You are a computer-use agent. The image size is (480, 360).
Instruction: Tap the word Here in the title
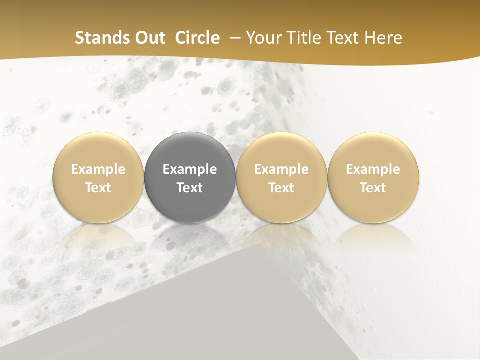click(x=383, y=38)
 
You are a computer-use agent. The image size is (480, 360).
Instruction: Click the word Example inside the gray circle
click(x=190, y=169)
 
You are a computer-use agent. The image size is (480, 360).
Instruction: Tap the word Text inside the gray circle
click(x=190, y=188)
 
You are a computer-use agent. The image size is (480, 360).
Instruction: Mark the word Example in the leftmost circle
click(x=98, y=169)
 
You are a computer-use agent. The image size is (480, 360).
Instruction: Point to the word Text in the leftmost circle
click(x=98, y=188)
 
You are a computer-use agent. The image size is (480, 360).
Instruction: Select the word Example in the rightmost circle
click(x=373, y=169)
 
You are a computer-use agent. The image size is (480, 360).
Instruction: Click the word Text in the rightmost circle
click(x=373, y=188)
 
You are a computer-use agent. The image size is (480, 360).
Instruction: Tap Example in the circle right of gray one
click(x=281, y=169)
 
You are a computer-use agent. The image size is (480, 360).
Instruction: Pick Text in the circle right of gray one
click(x=281, y=188)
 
